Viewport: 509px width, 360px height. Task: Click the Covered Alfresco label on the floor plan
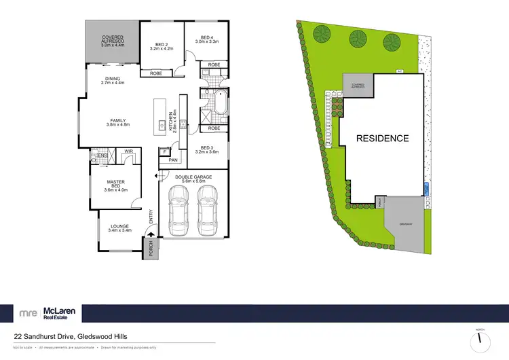click(112, 41)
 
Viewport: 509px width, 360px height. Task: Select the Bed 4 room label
click(207, 39)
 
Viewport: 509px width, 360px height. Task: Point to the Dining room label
click(113, 80)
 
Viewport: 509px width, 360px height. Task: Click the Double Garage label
click(193, 179)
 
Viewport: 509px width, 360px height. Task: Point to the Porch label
click(150, 249)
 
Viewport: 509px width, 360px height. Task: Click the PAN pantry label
click(172, 160)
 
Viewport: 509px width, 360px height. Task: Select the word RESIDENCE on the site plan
click(383, 139)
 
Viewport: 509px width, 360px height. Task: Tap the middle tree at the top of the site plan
click(356, 39)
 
